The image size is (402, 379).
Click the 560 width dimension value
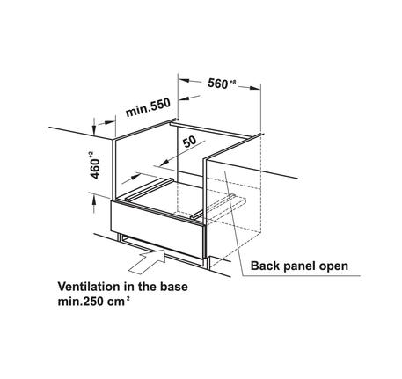[x=217, y=84]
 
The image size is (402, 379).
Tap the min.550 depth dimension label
[x=148, y=107]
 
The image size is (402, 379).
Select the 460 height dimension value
[x=95, y=169]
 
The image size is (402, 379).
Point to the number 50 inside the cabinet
[x=190, y=142]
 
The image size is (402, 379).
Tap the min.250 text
[x=80, y=302]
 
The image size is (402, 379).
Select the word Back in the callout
[x=262, y=266]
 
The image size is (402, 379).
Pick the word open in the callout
[x=333, y=267]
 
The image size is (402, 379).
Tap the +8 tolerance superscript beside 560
[x=233, y=83]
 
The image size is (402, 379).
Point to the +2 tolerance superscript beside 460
[x=91, y=154]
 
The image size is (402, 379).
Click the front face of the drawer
[x=157, y=230]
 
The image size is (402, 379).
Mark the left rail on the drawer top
[x=150, y=189]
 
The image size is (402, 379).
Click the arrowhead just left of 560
[x=185, y=80]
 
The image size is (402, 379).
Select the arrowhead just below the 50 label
[x=162, y=162]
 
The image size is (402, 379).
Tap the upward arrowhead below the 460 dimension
[x=94, y=200]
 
